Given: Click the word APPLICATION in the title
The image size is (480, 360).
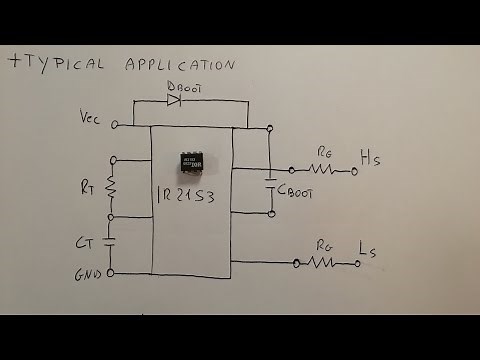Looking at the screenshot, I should pos(180,64).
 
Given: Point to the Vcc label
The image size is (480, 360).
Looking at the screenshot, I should pos(91,117).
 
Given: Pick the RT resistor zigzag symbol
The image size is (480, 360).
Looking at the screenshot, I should pos(111,187).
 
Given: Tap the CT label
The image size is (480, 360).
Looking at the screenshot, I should pos(85,241).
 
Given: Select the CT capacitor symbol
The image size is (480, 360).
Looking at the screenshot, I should pos(111,241).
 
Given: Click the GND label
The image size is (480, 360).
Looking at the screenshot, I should pos(88,273).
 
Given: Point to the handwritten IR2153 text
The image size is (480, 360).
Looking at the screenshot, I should pos(192,193).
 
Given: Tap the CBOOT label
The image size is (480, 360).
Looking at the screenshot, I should pos(296,192).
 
